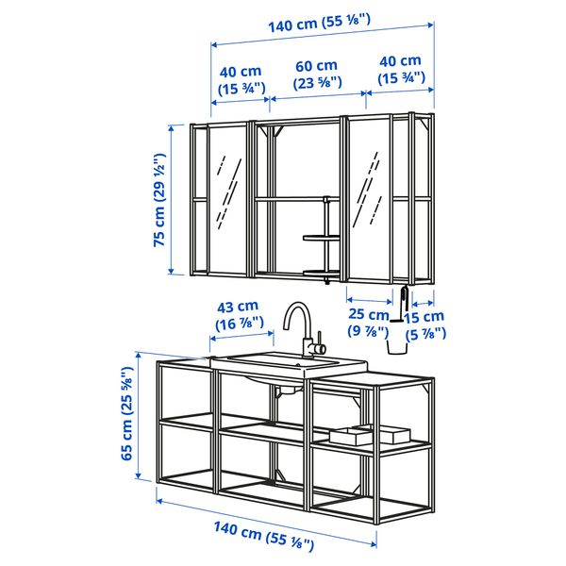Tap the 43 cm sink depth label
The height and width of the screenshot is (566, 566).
pyautogui.click(x=237, y=315)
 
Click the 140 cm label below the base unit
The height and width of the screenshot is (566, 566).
pyautogui.click(x=263, y=538)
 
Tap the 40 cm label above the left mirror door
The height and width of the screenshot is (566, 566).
pyautogui.click(x=240, y=79)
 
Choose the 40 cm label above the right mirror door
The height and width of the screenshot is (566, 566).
pyautogui.click(x=400, y=70)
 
